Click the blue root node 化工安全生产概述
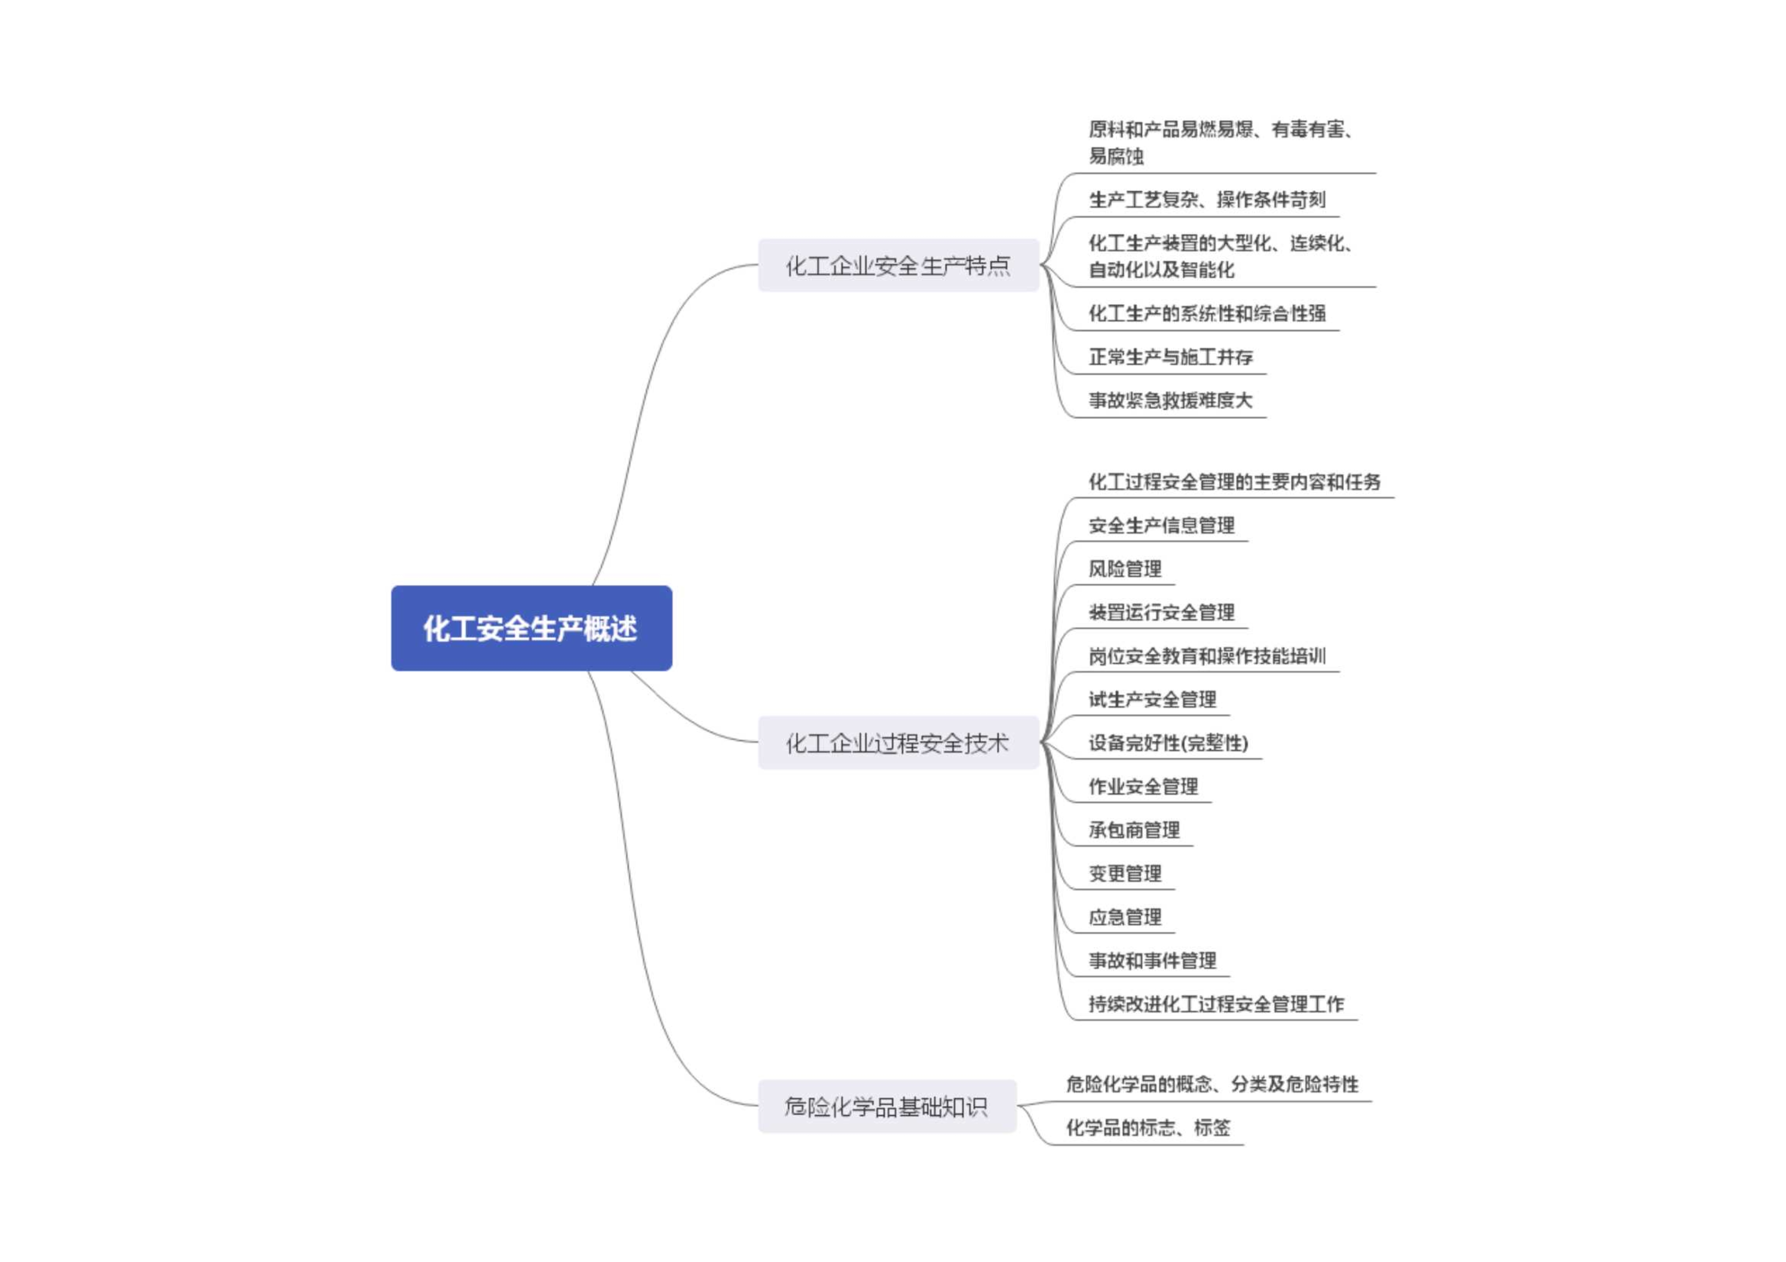click(x=531, y=628)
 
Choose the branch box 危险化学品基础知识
click(x=887, y=1107)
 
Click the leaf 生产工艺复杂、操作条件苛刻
click(x=1207, y=200)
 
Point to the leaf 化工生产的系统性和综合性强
click(x=1207, y=313)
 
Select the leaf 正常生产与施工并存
click(x=1171, y=357)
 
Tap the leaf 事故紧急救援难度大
click(x=1171, y=401)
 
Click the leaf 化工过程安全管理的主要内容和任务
click(x=1234, y=482)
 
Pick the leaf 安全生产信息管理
click(x=1161, y=526)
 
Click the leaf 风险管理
click(x=1125, y=569)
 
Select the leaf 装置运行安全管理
click(x=1161, y=613)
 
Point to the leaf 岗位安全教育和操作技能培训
click(x=1207, y=656)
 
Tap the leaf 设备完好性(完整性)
click(x=1168, y=743)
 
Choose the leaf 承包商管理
click(x=1134, y=831)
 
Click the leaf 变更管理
click(x=1125, y=874)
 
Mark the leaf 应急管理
click(x=1125, y=917)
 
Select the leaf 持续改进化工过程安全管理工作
click(x=1216, y=1005)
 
